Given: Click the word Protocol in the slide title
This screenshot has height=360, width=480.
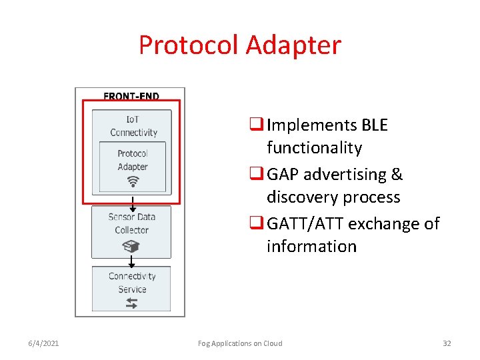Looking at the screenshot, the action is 189,45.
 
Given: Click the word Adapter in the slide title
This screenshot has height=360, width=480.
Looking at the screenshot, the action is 293,45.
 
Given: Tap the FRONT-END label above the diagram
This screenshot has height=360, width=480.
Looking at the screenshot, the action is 131,96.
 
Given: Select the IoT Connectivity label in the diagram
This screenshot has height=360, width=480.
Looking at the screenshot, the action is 133,125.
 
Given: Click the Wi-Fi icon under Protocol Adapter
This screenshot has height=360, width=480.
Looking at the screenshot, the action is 132,181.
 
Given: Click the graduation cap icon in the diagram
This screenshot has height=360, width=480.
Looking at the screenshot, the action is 131,246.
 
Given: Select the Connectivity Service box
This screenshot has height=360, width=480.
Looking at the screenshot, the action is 131,288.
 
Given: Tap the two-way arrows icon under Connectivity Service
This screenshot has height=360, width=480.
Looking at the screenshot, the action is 131,303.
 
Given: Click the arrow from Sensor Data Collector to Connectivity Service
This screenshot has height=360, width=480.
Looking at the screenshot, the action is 131,262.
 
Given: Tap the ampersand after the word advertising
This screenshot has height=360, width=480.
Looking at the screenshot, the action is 397,175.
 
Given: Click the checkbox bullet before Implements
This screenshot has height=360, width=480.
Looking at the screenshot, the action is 256,125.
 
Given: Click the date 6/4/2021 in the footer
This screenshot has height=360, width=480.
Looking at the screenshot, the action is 43,343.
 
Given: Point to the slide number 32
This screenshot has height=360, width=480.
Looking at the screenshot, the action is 447,343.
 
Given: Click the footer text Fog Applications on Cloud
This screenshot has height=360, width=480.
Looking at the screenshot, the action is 240,343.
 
